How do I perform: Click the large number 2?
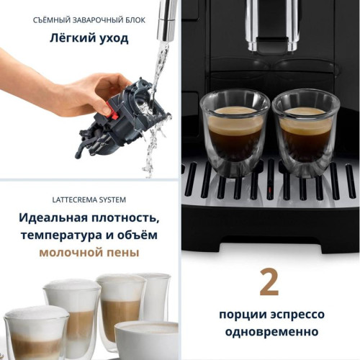click(x=269, y=283)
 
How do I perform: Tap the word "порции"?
click(x=242, y=315)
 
